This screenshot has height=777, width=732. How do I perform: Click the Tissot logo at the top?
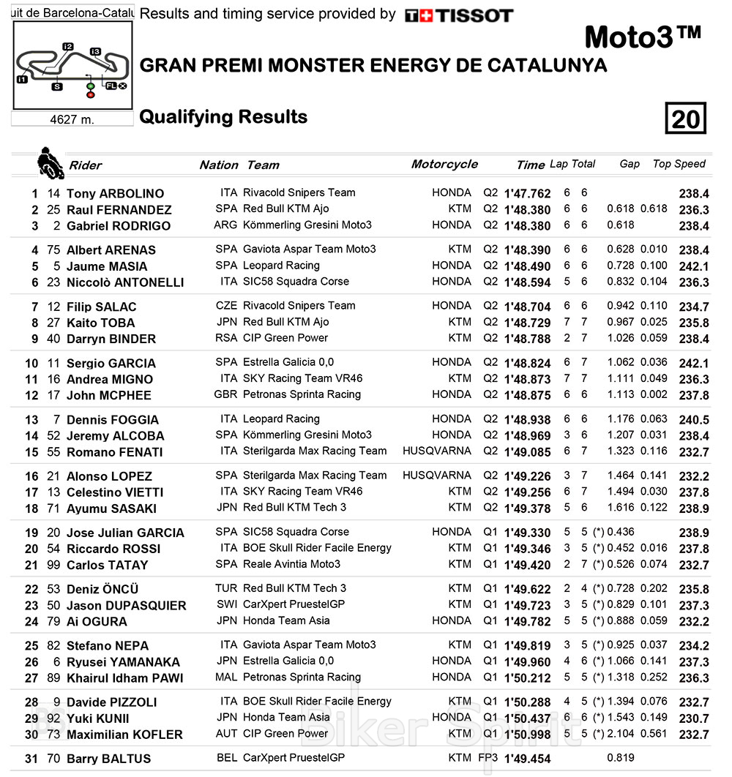459,15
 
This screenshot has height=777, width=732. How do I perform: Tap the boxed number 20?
685,119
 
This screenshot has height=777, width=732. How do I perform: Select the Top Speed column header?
679,164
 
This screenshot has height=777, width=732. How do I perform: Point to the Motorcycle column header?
444,164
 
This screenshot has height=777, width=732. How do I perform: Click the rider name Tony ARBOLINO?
115,194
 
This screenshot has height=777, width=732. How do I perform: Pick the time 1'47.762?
527,194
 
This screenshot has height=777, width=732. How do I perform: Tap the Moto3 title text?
643,37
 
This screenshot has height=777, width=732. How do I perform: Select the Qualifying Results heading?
223,117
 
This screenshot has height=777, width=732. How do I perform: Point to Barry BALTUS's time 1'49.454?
527,759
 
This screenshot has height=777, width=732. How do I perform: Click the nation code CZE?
226,306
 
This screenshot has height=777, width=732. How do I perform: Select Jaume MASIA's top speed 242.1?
693,266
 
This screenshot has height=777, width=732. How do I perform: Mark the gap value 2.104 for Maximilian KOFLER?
621,734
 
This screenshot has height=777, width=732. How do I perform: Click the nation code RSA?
226,338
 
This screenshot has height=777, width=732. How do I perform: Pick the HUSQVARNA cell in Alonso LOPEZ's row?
437,476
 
